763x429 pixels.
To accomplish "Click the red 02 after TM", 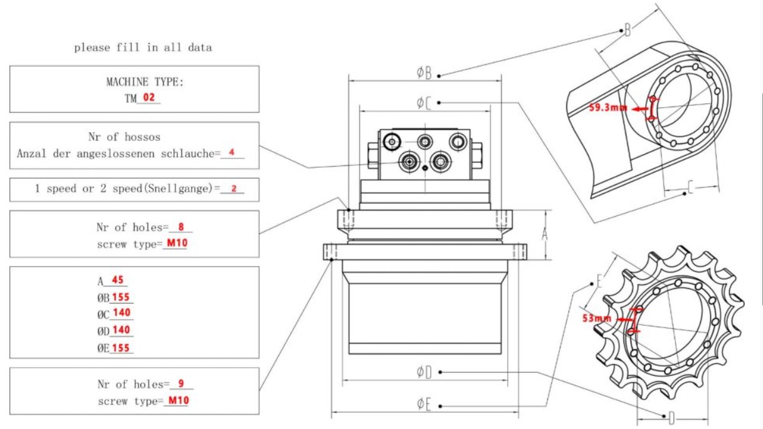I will pos(149,98).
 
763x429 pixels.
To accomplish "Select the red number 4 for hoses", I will pos(231,152).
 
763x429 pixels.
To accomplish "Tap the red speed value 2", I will pos(234,189).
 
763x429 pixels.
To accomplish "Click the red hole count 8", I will pos(181,227).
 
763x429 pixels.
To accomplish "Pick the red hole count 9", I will pos(182,384).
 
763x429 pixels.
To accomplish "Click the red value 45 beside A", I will pos(117,280).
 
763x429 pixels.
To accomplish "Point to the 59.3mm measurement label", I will pos(608,108).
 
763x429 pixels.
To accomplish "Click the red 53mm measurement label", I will pos(596,318).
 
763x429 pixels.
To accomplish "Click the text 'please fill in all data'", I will pos(143,48).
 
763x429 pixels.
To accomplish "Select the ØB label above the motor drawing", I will pos(424,73).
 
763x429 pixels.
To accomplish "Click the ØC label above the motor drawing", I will pos(424,102).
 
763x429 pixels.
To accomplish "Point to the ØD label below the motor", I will pos(424,373).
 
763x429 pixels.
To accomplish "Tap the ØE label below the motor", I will pos(424,405).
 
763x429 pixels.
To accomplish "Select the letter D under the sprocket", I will pos(671,417).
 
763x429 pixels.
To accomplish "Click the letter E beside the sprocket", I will pos(599,281).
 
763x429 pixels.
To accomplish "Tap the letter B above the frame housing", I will pos(628,29).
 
